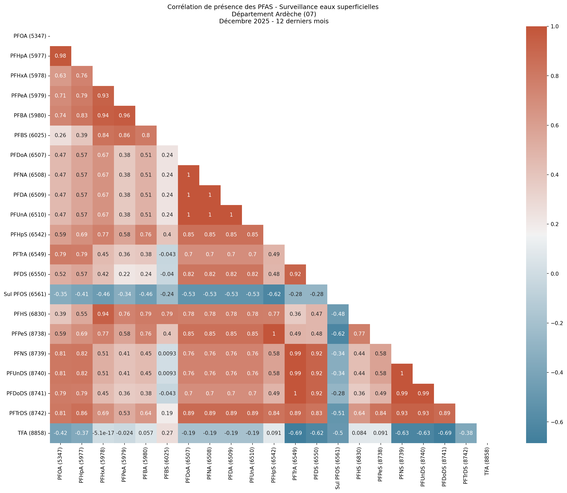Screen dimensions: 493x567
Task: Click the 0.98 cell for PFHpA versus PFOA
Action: pos(60,56)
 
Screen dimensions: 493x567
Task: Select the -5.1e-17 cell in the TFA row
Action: pos(103,433)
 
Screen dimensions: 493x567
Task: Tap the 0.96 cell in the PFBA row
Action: pos(124,116)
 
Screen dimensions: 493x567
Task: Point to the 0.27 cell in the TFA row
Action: pos(167,433)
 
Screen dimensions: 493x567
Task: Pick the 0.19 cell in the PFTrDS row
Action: pos(167,413)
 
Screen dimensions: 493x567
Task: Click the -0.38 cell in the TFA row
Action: pos(466,433)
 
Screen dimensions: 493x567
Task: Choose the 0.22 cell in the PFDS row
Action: pos(124,274)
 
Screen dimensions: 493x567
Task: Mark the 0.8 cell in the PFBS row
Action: pos(146,135)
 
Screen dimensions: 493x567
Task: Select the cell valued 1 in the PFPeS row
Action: pos(274,334)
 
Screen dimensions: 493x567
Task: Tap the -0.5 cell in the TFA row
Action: pos(338,433)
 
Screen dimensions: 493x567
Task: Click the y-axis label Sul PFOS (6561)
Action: pos(25,294)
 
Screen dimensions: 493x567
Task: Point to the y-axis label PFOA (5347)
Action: pos(30,36)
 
